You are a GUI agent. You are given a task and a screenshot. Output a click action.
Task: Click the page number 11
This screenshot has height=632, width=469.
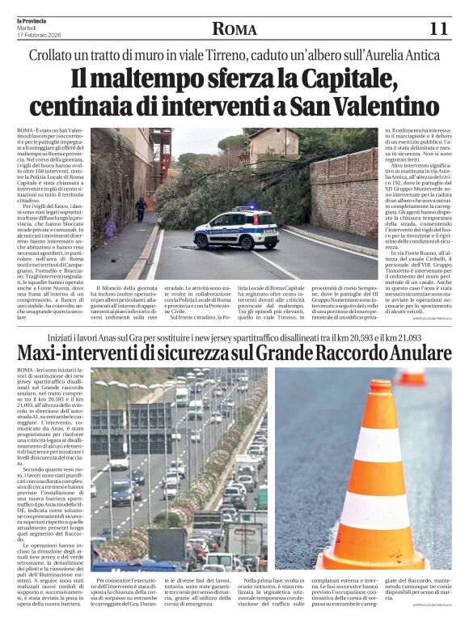(438, 29)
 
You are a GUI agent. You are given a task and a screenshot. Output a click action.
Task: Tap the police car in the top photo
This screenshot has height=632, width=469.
(236, 228)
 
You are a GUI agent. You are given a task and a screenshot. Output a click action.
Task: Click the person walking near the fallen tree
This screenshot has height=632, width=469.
(142, 209)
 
